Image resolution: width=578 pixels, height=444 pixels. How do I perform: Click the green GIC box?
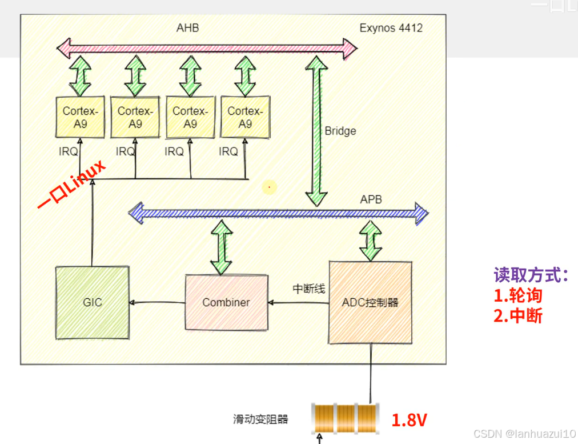pos(92,302)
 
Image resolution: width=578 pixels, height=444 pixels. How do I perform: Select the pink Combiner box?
pos(226,302)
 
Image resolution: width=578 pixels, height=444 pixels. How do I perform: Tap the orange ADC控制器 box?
pos(370,302)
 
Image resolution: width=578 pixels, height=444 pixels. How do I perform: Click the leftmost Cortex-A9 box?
pos(81,117)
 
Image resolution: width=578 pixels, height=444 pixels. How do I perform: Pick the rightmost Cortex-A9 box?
pos(245,117)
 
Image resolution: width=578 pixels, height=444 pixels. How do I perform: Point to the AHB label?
pos(187,27)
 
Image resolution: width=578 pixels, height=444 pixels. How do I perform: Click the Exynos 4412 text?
pos(391,27)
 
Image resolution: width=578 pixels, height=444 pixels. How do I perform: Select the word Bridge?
pos(340,131)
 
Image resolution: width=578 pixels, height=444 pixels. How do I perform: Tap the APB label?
pos(371,199)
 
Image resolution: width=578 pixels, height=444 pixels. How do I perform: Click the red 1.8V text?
pos(409,421)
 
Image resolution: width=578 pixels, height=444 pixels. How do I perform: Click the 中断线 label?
pos(309,289)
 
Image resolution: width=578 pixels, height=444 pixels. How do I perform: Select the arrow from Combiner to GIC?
pos(158,302)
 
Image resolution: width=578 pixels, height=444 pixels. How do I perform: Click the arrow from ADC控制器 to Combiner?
pos(298,302)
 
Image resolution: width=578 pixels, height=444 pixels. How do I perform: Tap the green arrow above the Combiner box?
pos(221,247)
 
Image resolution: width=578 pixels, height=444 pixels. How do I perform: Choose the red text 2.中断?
pos(518,316)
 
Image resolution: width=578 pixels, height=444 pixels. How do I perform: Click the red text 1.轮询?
pos(518,295)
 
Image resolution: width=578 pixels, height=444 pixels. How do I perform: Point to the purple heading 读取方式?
pos(531,275)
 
